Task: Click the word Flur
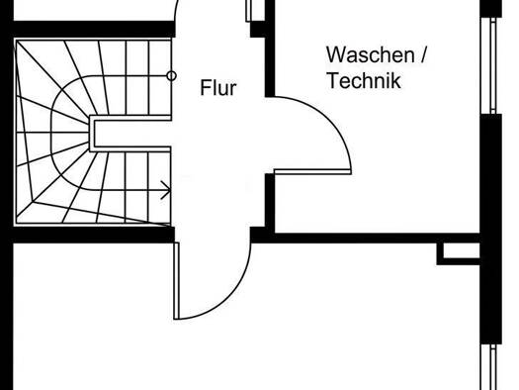click(x=218, y=88)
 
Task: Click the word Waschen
click(x=370, y=54)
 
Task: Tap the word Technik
click(x=364, y=80)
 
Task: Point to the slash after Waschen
click(x=423, y=55)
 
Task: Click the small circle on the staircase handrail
click(x=171, y=76)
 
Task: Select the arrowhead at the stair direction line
click(x=166, y=190)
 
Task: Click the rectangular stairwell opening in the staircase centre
click(x=130, y=134)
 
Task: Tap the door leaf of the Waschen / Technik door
click(x=312, y=171)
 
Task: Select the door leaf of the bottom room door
click(x=176, y=281)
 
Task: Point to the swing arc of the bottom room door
click(x=231, y=298)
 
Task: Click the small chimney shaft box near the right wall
click(x=459, y=253)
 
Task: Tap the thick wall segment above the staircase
click(x=94, y=29)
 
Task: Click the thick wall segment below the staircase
click(x=94, y=235)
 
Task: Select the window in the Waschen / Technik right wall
click(x=492, y=65)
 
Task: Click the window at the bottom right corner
click(x=492, y=367)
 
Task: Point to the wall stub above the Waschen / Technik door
click(x=270, y=49)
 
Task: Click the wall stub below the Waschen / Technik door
click(x=270, y=201)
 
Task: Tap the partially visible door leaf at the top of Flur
click(x=248, y=11)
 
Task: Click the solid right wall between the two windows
click(x=491, y=229)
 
